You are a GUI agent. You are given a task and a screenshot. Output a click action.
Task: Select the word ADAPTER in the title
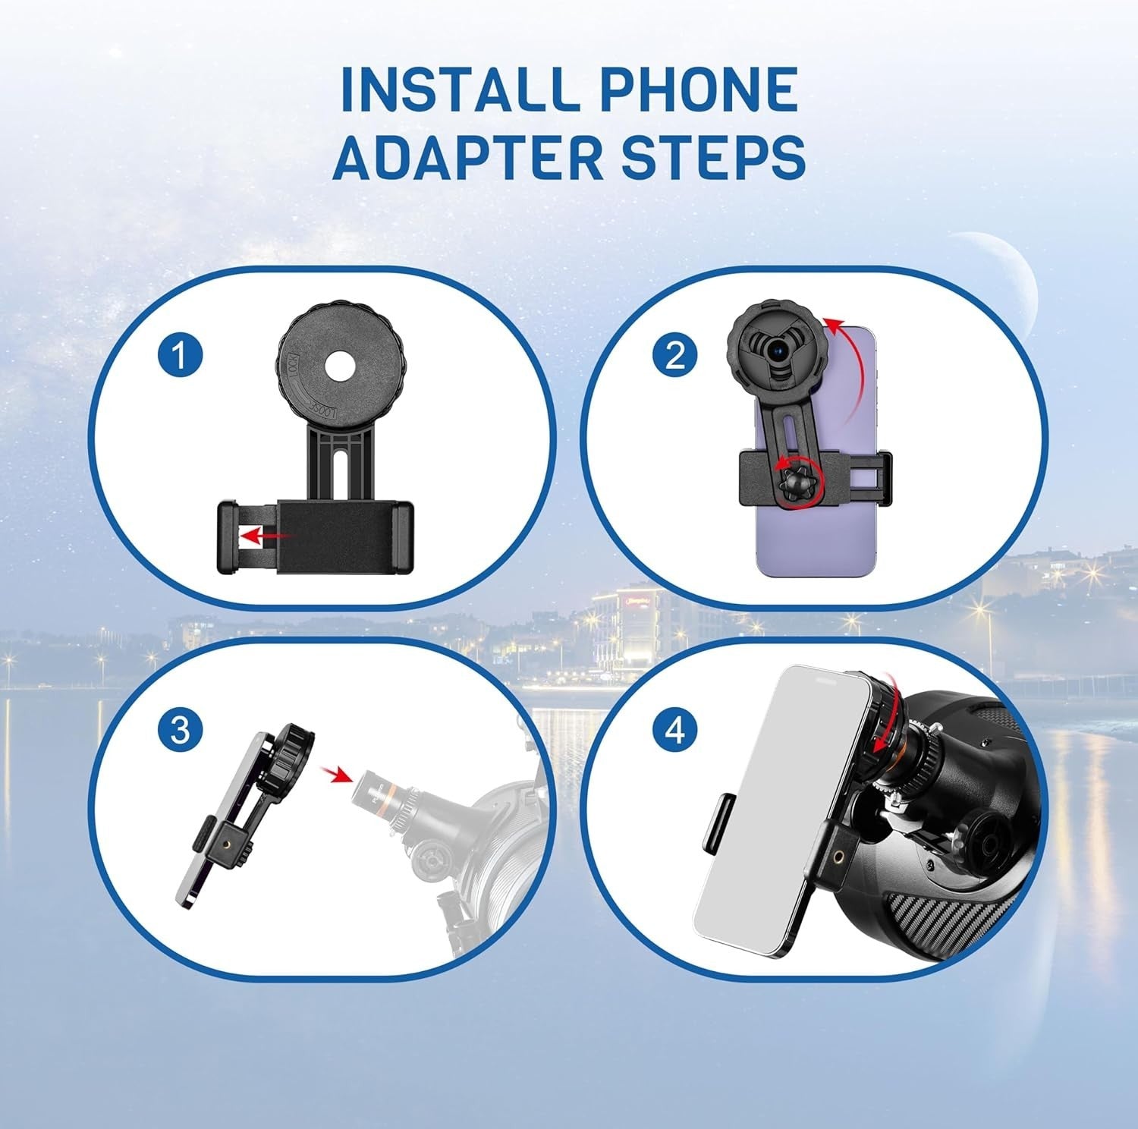pos(461,156)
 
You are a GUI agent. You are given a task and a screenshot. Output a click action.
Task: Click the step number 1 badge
pos(181,357)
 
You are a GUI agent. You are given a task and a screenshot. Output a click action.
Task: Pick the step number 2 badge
pos(674,357)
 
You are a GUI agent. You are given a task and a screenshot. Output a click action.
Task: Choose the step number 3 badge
pos(181,731)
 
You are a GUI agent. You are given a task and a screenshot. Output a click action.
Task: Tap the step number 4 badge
pos(674,731)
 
